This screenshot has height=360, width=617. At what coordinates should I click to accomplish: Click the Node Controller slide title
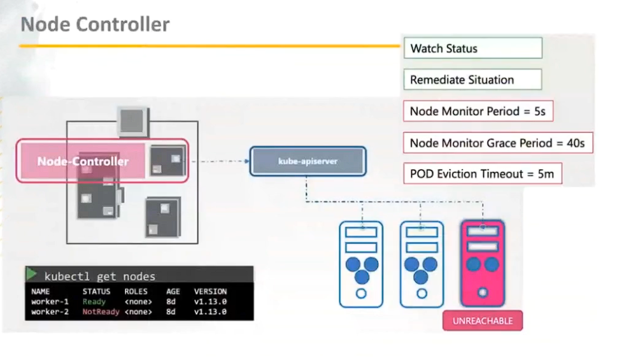point(95,25)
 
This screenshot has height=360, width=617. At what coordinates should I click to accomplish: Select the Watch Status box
point(472,48)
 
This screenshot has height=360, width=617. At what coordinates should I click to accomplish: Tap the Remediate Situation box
point(472,80)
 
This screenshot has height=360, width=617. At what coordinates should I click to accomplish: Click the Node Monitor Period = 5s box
point(477,111)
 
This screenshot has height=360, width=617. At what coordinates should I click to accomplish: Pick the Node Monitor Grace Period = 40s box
point(497,143)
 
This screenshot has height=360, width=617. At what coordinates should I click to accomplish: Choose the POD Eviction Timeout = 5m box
point(482,173)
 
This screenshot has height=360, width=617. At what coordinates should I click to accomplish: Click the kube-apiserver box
point(308,161)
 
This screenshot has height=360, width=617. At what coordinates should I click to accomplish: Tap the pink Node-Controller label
point(83,161)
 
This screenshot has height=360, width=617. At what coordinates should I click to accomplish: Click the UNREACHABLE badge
point(482,320)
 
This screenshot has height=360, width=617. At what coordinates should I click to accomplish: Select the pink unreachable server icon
point(482,263)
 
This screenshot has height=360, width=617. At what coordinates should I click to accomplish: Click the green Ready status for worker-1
point(94,301)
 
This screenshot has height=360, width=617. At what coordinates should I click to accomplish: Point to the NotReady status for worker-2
point(101,312)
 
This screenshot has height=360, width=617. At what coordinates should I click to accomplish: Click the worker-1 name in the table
point(49,301)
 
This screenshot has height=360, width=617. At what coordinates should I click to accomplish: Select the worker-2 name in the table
point(49,312)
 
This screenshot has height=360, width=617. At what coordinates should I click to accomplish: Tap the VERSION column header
point(210,291)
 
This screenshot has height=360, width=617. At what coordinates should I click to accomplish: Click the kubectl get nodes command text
point(99,276)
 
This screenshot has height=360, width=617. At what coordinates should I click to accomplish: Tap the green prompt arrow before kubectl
point(31,275)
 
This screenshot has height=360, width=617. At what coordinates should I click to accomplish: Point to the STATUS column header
point(97,291)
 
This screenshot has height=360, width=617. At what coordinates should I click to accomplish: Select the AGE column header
point(173,291)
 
